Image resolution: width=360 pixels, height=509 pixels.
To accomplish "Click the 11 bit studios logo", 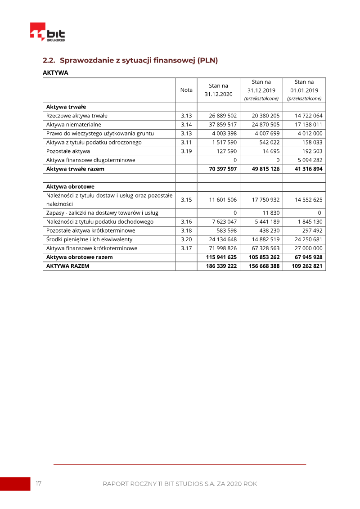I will click(47, 33).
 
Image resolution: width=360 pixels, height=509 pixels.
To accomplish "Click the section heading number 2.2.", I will click(49, 60).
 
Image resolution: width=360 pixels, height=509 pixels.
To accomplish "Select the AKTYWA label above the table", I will click(55, 72).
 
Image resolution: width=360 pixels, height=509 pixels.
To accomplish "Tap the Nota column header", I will click(186, 90).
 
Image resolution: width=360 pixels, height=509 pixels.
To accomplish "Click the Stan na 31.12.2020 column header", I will click(218, 90).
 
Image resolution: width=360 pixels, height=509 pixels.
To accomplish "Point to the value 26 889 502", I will click(223, 116).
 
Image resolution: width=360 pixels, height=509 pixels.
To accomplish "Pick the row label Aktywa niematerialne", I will click(74, 125).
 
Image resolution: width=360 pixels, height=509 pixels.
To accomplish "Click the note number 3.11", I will click(186, 142).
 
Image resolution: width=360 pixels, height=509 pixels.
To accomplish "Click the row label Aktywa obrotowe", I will click(70, 186).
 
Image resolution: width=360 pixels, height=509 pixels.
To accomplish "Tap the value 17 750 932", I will click(265, 199).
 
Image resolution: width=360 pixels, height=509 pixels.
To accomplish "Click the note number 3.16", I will click(186, 221).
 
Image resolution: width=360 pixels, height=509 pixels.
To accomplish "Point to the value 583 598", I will click(226, 230).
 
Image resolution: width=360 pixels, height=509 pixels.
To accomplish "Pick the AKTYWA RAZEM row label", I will click(67, 266).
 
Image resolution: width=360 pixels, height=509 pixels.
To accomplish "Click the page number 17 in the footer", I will click(39, 483).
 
